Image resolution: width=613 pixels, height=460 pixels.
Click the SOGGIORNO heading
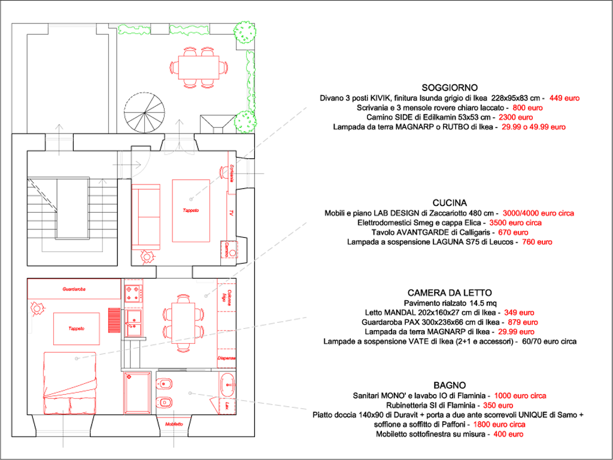[x=449, y=87]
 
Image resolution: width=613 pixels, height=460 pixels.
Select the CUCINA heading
[x=450, y=203]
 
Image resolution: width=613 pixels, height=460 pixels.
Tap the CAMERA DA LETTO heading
[x=449, y=293]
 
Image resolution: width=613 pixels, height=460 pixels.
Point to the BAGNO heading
[x=450, y=385]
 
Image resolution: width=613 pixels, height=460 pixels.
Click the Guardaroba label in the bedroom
[x=74, y=289]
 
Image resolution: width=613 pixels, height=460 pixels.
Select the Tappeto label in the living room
[x=191, y=210]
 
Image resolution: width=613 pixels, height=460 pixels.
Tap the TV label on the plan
[x=230, y=213]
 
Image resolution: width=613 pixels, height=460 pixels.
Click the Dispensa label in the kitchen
[x=226, y=358]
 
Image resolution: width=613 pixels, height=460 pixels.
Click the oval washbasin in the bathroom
[x=227, y=383]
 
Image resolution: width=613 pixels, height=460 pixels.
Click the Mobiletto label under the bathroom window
[x=174, y=425]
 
